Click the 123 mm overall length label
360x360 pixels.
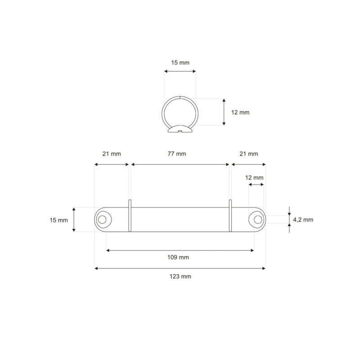pyautogui.click(x=180, y=276)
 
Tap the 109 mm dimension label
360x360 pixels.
pyautogui.click(x=178, y=257)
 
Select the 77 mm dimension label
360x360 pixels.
pyautogui.click(x=177, y=154)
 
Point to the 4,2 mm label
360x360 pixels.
pyautogui.click(x=303, y=220)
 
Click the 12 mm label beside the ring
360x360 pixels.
pyautogui.click(x=240, y=112)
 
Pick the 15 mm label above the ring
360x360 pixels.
pyautogui.click(x=180, y=63)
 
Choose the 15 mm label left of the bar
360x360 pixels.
pyautogui.click(x=59, y=220)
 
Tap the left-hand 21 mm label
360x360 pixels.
pyautogui.click(x=112, y=154)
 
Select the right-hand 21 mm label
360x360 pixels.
pyautogui.click(x=249, y=154)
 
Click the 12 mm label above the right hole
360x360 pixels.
pyautogui.click(x=254, y=178)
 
